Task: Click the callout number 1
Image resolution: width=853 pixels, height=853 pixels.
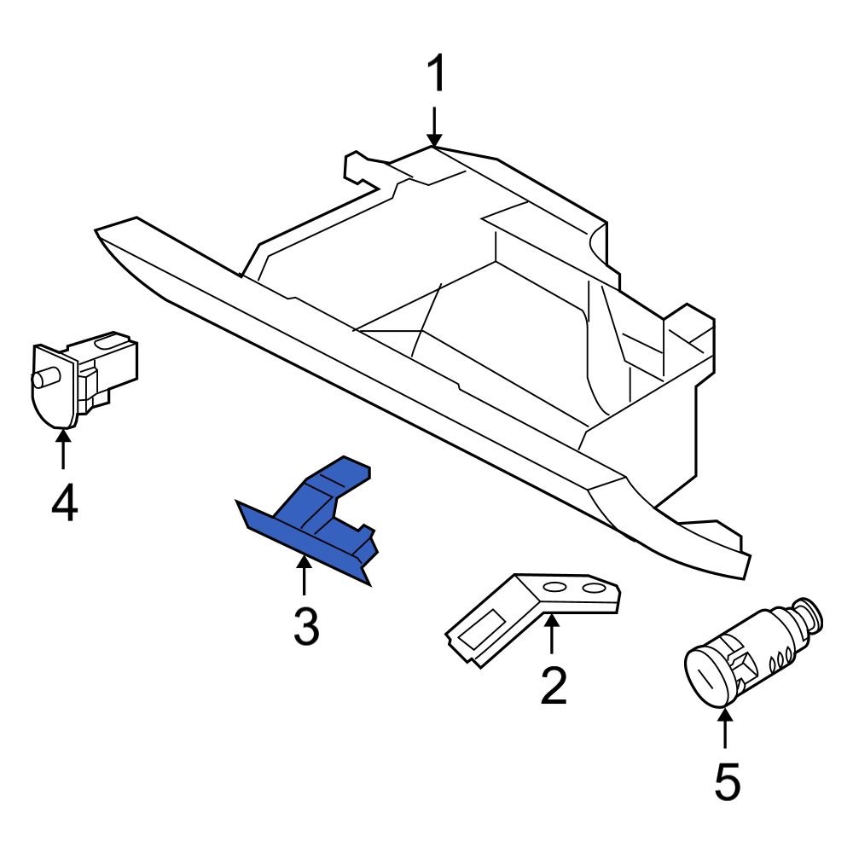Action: click(436, 76)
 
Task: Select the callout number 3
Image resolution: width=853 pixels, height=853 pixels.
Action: click(305, 627)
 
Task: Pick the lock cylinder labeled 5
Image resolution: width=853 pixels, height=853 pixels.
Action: click(751, 657)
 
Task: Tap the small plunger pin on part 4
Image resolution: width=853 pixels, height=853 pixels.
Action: click(44, 376)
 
